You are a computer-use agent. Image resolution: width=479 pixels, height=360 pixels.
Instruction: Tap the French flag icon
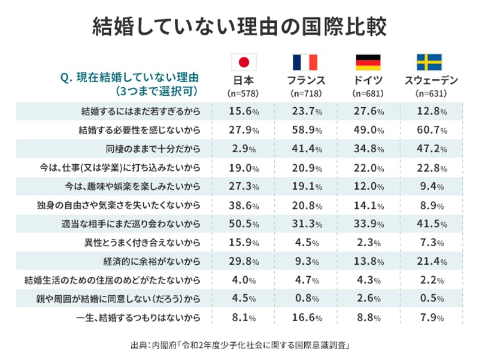(x=305, y=62)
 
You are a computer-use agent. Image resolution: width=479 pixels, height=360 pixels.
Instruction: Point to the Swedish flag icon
(x=429, y=62)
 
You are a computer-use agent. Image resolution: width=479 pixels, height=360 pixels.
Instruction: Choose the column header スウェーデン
(x=429, y=81)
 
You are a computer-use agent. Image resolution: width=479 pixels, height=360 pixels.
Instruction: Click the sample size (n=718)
(x=305, y=94)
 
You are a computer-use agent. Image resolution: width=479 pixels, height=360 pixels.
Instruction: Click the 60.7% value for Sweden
(x=429, y=129)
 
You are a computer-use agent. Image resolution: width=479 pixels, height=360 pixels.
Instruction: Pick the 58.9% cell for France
(x=305, y=129)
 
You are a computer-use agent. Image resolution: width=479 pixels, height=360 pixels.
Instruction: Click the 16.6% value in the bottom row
(x=305, y=319)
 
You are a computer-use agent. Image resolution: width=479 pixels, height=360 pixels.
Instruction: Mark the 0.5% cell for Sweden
(x=429, y=300)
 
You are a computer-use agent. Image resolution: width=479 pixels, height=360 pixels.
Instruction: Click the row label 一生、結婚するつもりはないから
(x=142, y=319)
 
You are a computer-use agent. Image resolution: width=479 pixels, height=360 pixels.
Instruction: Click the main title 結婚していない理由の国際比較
(x=239, y=26)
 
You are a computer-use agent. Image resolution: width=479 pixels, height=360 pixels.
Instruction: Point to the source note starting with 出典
(x=239, y=346)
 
